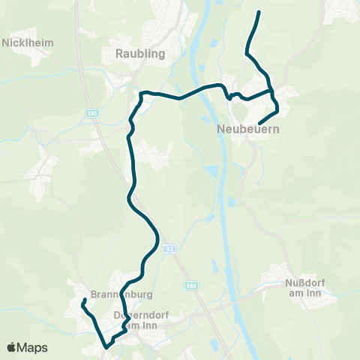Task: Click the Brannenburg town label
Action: click(111, 294)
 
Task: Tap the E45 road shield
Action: click(92, 113)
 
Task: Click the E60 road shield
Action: click(191, 285)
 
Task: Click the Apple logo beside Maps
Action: click(11, 347)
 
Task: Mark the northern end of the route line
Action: click(259, 13)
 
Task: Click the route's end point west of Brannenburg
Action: click(85, 300)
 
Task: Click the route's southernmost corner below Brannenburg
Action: click(106, 347)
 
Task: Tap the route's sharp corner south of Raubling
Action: click(141, 93)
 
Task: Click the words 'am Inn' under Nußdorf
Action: click(304, 293)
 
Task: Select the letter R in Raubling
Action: click(120, 53)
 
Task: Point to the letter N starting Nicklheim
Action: click(7, 43)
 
